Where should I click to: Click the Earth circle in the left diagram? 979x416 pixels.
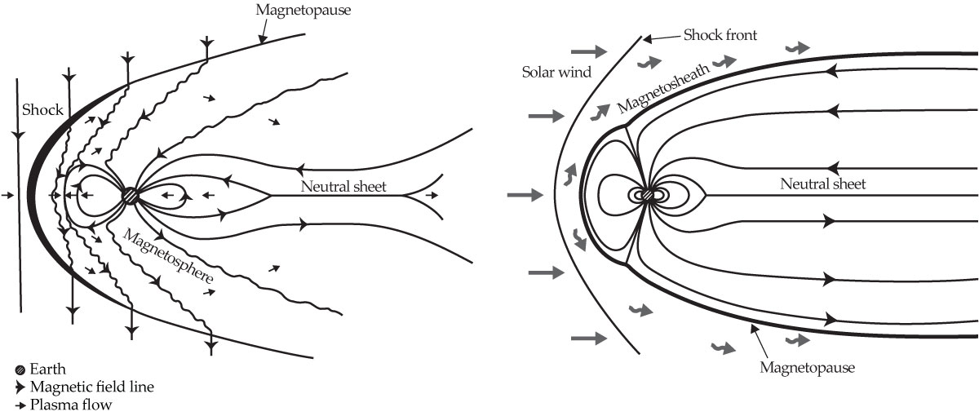click(130, 196)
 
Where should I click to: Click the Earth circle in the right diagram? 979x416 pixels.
click(648, 196)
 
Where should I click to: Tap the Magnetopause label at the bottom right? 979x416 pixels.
click(807, 368)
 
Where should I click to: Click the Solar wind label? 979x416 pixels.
click(556, 72)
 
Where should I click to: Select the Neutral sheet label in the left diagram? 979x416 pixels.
click(343, 186)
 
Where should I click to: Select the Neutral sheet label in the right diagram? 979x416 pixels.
click(822, 184)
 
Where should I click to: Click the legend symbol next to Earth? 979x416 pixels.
click(20, 370)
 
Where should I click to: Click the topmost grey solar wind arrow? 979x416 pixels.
click(596, 51)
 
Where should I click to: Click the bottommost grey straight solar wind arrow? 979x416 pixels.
click(590, 337)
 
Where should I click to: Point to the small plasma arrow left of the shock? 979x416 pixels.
click(8, 196)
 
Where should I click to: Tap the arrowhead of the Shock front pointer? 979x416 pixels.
click(645, 38)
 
